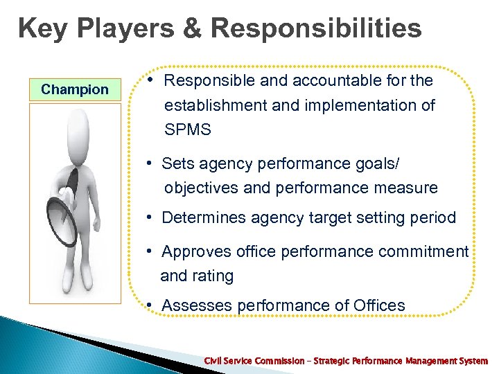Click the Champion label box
point(75,89)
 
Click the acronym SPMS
point(186,130)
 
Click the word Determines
point(202,217)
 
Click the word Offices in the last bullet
point(379,305)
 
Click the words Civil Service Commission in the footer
point(254,361)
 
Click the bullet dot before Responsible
point(150,80)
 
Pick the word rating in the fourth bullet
point(214,276)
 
